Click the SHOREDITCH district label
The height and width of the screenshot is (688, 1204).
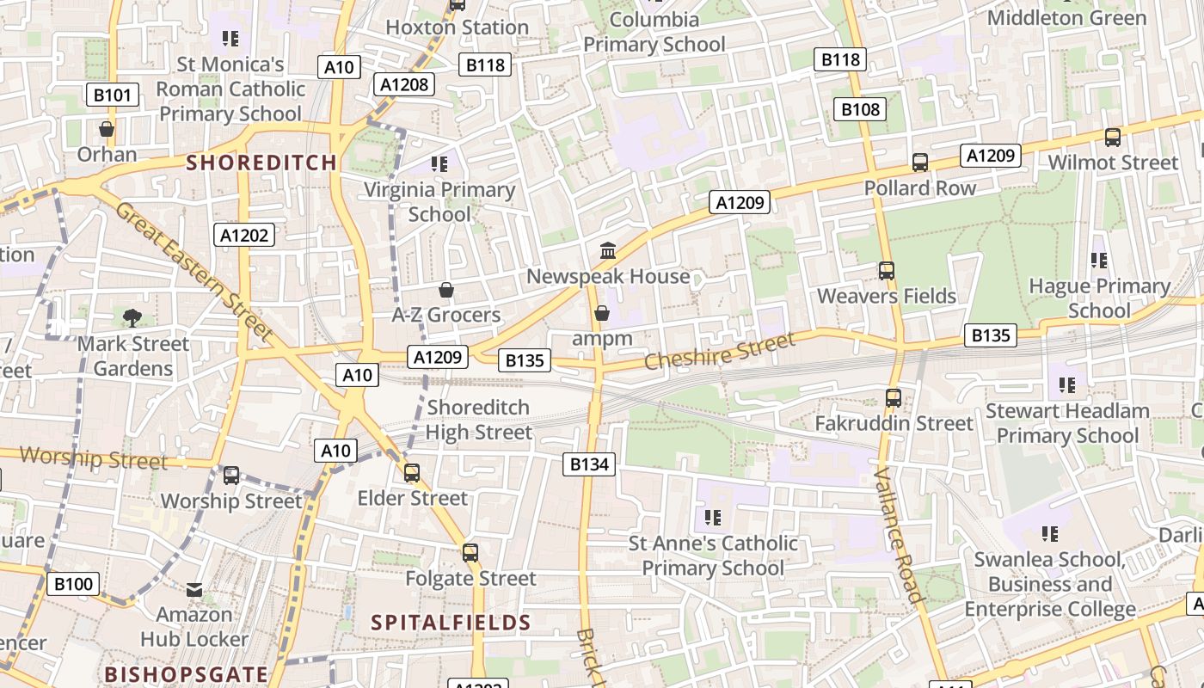tap(261, 163)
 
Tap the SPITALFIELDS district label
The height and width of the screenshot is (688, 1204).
tap(451, 623)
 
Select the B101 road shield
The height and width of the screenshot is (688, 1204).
tap(113, 95)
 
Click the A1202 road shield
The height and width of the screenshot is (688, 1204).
tap(244, 235)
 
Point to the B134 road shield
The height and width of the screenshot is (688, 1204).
tap(589, 464)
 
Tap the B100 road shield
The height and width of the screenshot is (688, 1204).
tap(73, 585)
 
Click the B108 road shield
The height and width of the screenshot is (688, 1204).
tap(861, 109)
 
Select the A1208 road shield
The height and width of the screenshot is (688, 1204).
tap(404, 83)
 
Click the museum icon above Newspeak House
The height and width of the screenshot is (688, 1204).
tap(608, 250)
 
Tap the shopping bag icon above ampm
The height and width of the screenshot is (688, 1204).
tap(602, 313)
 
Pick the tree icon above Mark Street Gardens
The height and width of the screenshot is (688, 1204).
tap(132, 318)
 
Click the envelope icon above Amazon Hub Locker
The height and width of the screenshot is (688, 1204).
tap(194, 590)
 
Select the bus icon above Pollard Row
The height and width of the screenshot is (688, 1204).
tap(920, 163)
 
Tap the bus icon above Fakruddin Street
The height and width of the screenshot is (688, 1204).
tap(894, 398)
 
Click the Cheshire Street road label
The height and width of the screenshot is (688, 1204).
tap(719, 352)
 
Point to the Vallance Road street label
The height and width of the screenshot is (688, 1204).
tap(898, 535)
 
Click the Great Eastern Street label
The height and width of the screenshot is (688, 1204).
tap(193, 271)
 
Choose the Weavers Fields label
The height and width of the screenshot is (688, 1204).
tap(887, 296)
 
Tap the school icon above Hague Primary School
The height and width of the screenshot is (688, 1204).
tap(1098, 260)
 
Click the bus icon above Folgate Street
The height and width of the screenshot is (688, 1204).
tap(470, 553)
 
